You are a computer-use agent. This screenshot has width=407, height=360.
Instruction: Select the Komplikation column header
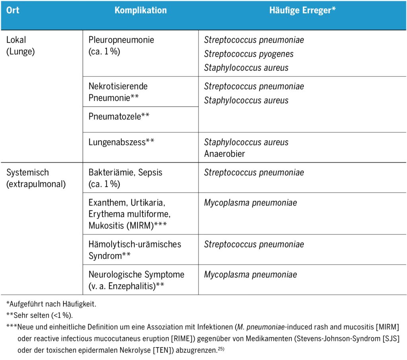point(141,10)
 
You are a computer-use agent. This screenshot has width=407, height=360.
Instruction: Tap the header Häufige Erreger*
point(302,10)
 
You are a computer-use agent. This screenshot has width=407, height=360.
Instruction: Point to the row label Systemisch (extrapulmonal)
point(36,179)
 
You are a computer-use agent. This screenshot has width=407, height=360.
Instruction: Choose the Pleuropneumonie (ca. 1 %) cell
point(121,46)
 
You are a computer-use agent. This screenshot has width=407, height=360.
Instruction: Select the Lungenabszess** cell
point(122,142)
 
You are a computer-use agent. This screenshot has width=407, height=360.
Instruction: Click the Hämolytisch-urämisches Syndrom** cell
point(135,250)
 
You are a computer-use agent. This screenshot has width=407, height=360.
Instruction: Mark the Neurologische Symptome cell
point(136,280)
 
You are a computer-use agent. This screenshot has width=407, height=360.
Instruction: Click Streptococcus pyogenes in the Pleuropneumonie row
point(249,54)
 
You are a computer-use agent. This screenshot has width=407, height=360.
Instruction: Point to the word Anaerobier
point(225,154)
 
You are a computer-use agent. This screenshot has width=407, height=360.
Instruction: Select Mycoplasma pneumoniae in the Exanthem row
point(250,203)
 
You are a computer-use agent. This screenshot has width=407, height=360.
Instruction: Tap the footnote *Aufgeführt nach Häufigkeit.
point(51,304)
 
